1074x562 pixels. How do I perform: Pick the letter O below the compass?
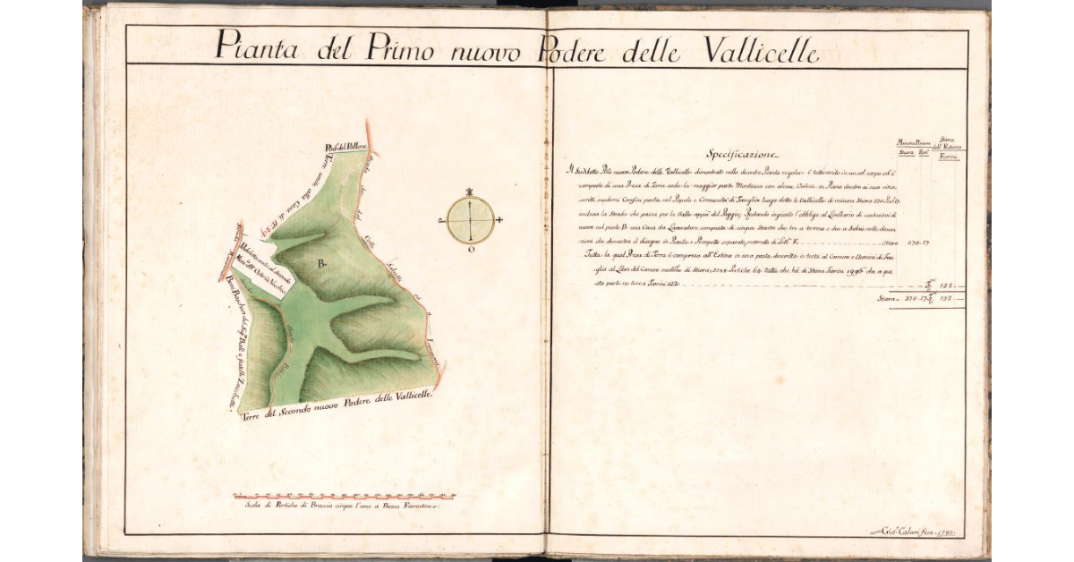coord(470,251)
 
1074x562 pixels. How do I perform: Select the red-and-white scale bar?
coord(344,495)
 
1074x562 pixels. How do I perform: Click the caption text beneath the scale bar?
coord(340,507)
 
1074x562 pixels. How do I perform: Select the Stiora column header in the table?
coord(906,158)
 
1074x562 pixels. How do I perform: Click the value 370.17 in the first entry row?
coord(919,243)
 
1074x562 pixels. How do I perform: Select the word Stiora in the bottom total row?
coord(889,299)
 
